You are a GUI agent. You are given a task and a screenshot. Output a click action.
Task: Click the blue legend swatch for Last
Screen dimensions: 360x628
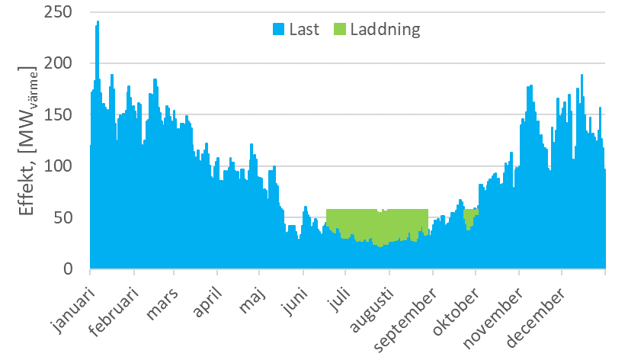pos(279,30)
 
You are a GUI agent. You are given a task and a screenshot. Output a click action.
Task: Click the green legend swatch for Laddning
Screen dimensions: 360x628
pos(339,30)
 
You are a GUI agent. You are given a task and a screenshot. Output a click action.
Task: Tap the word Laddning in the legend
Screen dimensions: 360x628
pos(385,30)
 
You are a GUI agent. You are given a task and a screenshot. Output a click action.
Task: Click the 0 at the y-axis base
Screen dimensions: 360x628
pos(72,269)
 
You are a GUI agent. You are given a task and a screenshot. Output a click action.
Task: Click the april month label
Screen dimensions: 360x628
pos(207,302)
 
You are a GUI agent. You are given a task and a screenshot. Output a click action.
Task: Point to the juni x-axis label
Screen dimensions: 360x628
pos(295,301)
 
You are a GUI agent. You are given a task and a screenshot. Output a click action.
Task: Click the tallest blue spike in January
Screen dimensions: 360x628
pos(98,24)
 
